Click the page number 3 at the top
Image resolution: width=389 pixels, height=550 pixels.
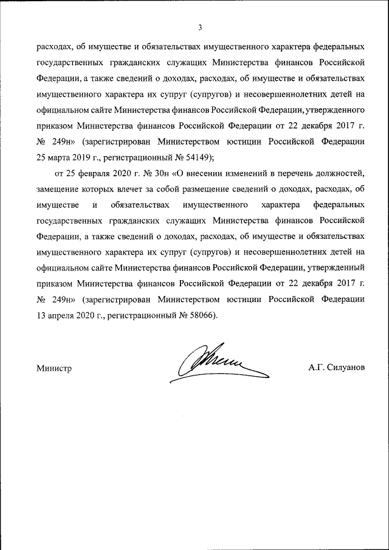click(x=199, y=27)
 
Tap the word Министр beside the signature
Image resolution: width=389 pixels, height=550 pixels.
click(x=54, y=368)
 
